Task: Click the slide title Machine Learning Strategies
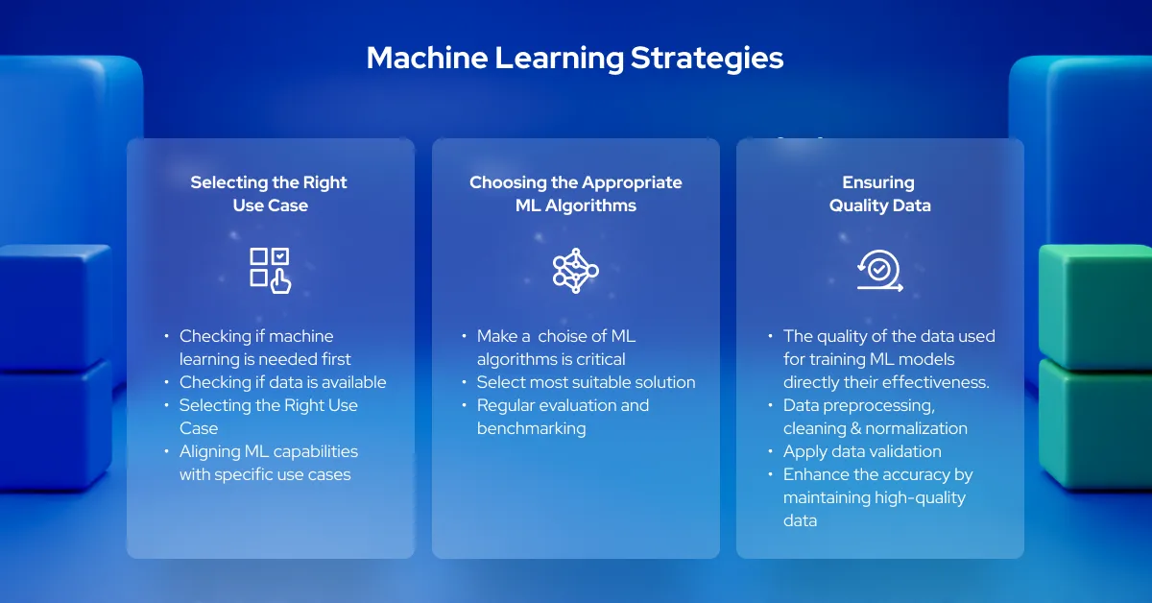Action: pos(575,59)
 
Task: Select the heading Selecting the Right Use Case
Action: pos(269,193)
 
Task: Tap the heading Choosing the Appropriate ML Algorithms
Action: pos(575,193)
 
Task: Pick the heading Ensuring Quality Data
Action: pos(879,193)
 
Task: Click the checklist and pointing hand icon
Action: pos(270,270)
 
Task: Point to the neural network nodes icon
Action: pos(575,270)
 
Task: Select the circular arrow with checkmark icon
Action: pos(879,271)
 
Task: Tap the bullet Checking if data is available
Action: pos(282,382)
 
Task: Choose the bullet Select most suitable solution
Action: pos(586,382)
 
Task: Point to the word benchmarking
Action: pos(531,428)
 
